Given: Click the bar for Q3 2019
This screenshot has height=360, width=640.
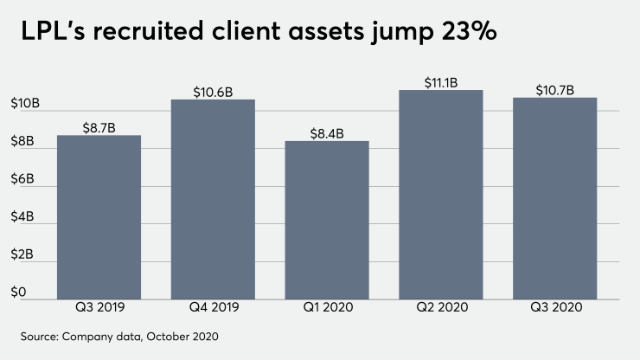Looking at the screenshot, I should (99, 216).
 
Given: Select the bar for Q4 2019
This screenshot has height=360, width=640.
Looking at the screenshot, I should (213, 199).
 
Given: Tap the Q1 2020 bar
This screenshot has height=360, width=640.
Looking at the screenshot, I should (327, 220).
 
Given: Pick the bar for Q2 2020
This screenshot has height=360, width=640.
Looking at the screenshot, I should (441, 194).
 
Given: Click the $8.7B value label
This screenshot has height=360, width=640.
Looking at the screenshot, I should (99, 127).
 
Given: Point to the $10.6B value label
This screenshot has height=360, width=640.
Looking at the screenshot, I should (213, 92).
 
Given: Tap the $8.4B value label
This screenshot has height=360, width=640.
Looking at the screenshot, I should (327, 133).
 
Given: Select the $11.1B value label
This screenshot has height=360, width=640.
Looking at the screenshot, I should (441, 82).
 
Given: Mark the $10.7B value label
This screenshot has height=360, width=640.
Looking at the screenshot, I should (554, 90).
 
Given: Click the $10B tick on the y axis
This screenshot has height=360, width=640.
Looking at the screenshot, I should (22, 104).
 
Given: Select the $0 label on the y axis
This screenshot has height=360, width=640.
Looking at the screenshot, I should (16, 292).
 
